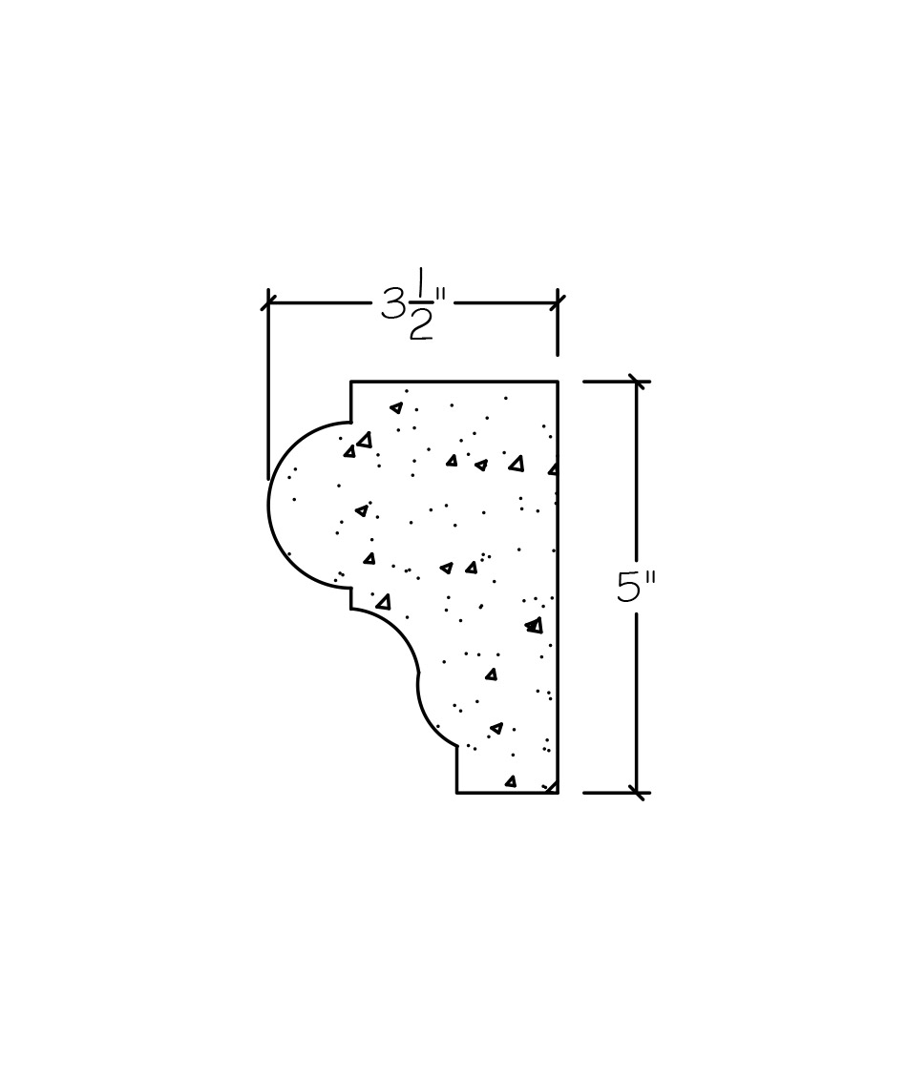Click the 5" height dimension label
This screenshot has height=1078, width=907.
click(x=635, y=588)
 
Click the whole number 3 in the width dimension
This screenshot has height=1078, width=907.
click(x=392, y=303)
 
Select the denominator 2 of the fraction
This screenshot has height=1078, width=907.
click(x=420, y=324)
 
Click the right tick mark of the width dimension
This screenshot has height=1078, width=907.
click(x=558, y=301)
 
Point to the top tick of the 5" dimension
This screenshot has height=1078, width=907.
click(x=638, y=381)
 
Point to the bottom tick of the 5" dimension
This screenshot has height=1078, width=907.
click(x=638, y=793)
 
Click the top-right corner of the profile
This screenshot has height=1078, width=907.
click(x=558, y=381)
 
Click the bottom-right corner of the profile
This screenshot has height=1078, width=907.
click(x=558, y=793)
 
